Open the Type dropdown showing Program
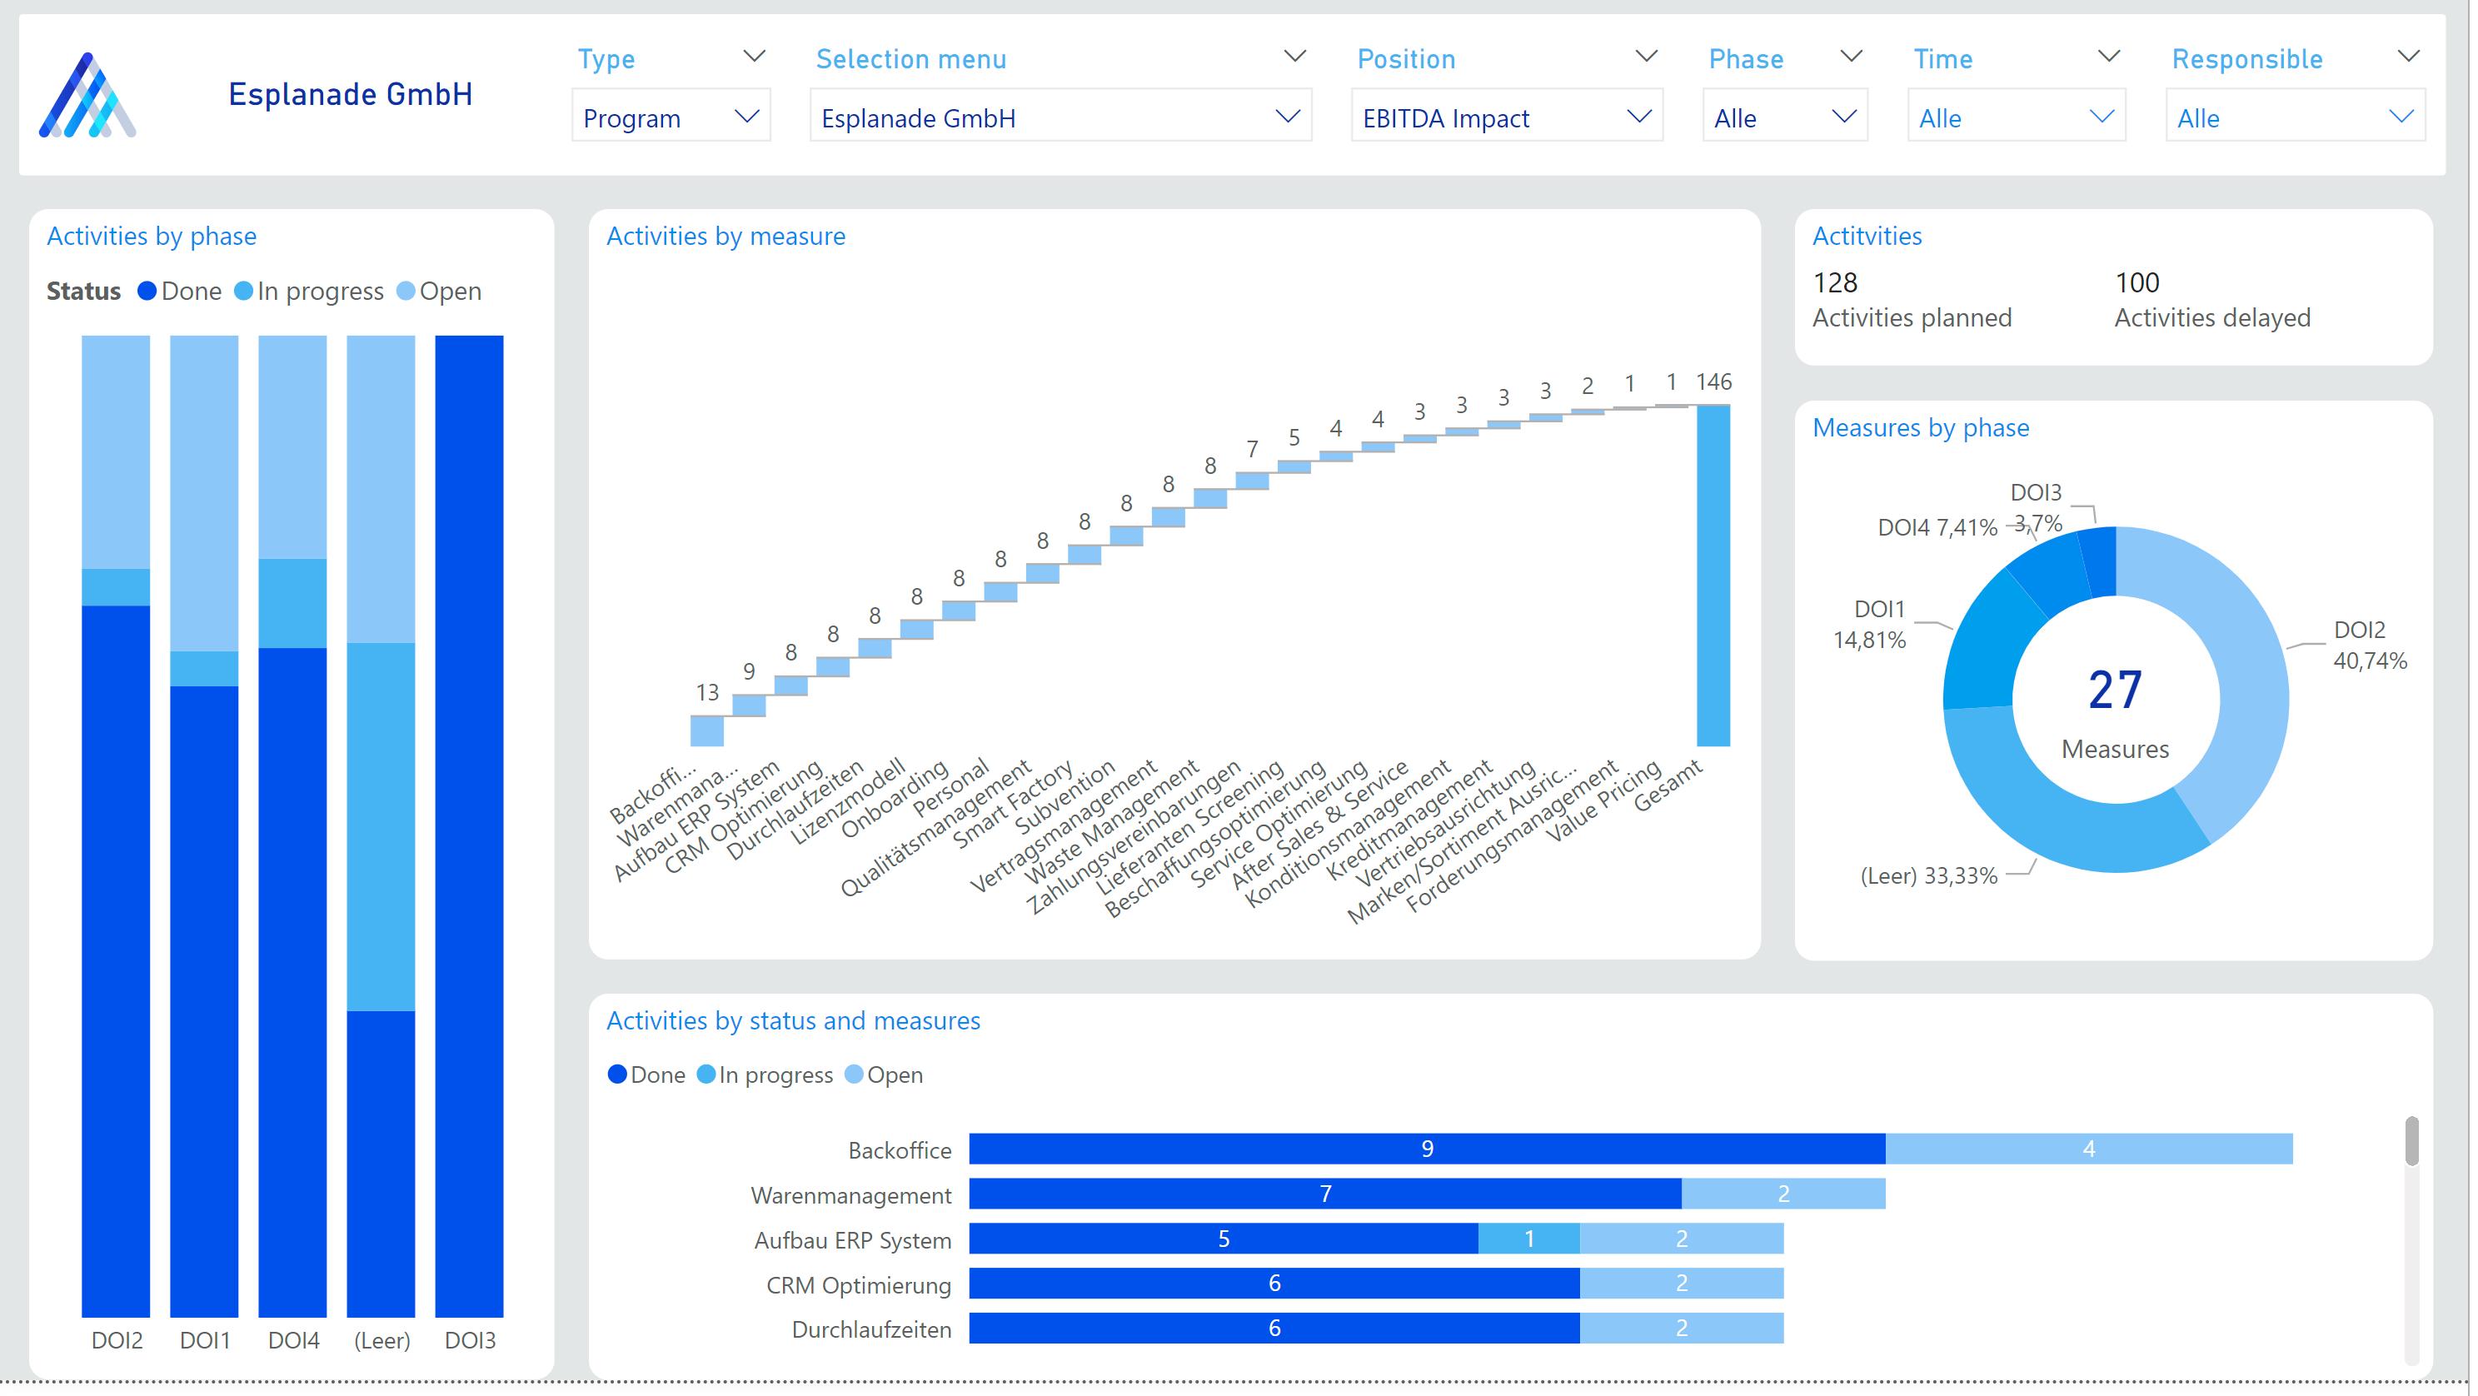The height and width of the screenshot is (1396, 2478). (x=671, y=117)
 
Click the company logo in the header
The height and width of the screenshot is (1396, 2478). (x=87, y=95)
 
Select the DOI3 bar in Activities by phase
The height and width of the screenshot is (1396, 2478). (x=470, y=825)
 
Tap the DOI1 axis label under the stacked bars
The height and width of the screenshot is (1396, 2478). (x=205, y=1340)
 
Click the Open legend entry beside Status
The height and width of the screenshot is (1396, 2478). (x=440, y=292)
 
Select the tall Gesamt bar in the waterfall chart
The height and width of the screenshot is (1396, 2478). (x=1713, y=576)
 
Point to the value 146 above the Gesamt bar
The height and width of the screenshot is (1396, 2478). (x=1713, y=382)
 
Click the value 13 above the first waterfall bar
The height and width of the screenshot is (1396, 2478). (x=707, y=693)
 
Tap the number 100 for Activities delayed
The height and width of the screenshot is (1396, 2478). (x=2136, y=283)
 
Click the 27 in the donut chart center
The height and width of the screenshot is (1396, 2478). (x=2114, y=691)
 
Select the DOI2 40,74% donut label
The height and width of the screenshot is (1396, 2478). (x=2368, y=646)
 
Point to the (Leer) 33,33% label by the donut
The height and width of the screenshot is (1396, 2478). (x=1929, y=875)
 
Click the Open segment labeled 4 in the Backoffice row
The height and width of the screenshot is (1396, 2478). (x=2088, y=1149)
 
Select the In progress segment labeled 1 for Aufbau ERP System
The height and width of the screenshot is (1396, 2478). (x=1528, y=1239)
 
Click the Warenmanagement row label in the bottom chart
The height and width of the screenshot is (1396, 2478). (x=850, y=1196)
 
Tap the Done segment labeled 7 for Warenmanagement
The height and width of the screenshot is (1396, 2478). (x=1324, y=1194)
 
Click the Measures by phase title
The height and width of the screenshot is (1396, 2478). (x=1920, y=428)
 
